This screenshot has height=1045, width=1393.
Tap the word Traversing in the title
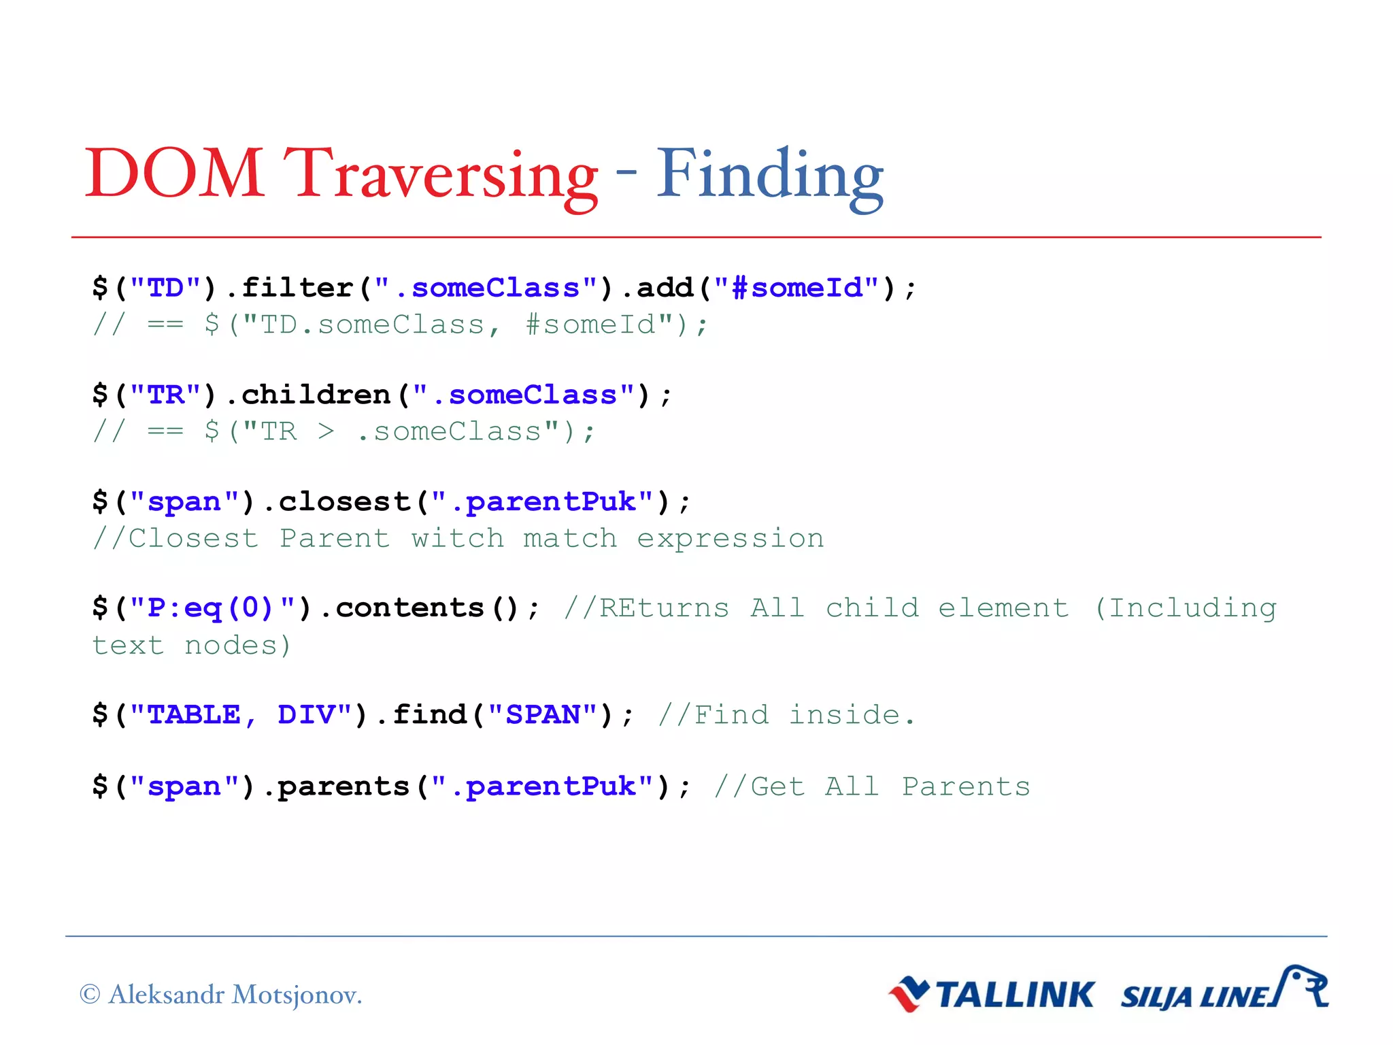point(441,175)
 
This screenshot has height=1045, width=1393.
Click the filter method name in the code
point(297,288)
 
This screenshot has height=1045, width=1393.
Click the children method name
point(316,395)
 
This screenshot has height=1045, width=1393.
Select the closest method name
point(344,501)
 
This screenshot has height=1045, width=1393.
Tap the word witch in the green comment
point(457,538)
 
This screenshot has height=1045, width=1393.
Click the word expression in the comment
point(730,538)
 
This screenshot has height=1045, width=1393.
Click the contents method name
point(409,608)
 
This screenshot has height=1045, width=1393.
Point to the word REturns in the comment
point(664,608)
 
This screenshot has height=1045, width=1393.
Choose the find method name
point(429,714)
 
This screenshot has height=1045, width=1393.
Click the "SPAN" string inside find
point(543,714)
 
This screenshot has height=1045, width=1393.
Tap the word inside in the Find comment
point(844,714)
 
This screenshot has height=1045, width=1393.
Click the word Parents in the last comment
point(966,786)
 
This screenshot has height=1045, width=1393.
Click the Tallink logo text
point(1014,995)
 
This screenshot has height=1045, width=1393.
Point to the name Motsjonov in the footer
point(296,995)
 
